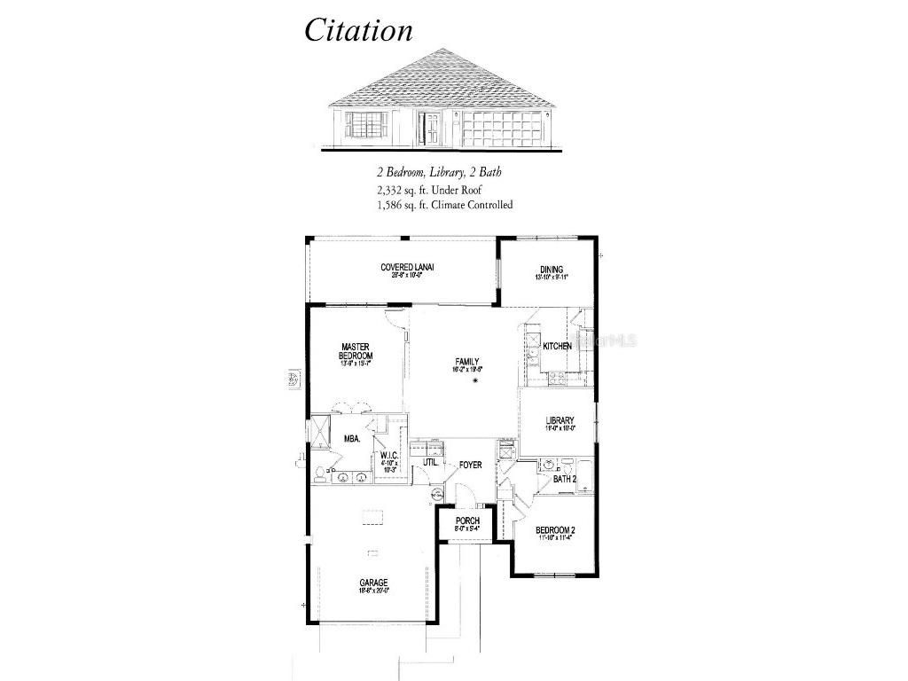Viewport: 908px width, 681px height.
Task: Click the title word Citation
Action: tap(358, 30)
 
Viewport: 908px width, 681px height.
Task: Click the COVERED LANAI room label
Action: tap(407, 267)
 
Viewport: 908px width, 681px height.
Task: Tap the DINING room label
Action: tap(552, 270)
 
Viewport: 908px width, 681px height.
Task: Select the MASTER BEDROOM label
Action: tap(355, 351)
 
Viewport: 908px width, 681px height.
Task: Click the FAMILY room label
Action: tap(467, 362)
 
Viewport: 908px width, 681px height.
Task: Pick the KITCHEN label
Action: tap(557, 346)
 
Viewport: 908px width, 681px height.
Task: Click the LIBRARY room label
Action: tap(560, 421)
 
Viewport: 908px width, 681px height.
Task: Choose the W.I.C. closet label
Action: tap(387, 456)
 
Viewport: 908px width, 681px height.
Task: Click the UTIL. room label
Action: tap(430, 462)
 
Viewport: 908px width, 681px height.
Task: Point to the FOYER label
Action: tap(470, 465)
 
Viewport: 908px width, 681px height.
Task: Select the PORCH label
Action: tap(467, 521)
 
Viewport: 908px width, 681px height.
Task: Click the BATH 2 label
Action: tap(565, 480)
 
